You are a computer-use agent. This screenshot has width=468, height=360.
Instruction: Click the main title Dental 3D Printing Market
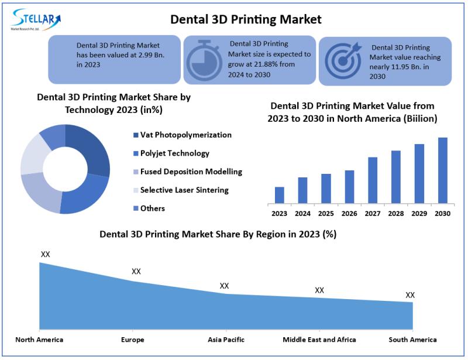(x=246, y=19)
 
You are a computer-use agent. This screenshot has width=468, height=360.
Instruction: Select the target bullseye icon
(x=342, y=61)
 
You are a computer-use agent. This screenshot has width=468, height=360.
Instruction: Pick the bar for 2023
(x=280, y=195)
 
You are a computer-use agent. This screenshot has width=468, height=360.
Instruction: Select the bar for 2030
(x=443, y=170)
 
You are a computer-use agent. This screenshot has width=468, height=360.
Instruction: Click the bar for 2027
(x=373, y=180)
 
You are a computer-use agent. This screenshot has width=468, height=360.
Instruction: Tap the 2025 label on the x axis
(x=326, y=214)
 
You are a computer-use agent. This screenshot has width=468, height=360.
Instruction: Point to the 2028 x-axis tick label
(x=396, y=214)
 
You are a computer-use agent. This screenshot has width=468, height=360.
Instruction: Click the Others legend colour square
(x=136, y=209)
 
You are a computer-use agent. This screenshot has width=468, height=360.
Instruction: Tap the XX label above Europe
(x=136, y=272)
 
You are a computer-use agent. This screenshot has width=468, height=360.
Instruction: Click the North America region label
(x=39, y=340)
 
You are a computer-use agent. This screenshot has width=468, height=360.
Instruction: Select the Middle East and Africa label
(x=319, y=340)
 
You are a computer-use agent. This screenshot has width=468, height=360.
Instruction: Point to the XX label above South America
(x=410, y=295)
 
